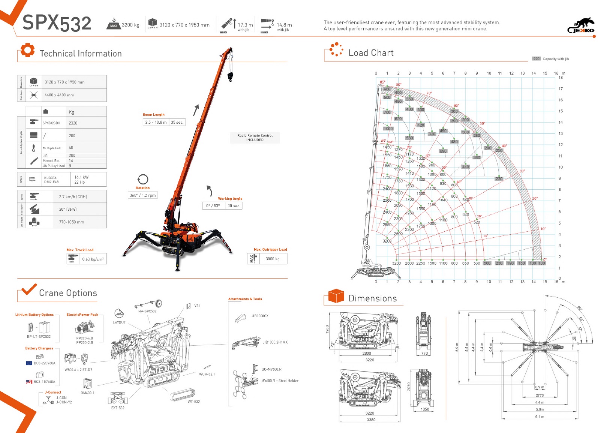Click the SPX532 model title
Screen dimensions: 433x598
[57, 23]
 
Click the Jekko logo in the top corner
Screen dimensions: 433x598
[581, 26]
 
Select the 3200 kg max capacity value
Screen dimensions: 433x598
[130, 25]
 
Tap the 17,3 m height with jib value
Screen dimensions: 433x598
[245, 25]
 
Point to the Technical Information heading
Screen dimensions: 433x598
[81, 54]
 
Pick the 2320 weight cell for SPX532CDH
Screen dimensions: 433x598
[73, 123]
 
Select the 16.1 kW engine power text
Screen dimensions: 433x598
[81, 177]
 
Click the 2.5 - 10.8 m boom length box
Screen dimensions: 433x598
[156, 122]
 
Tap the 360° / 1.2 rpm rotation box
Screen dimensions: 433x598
[142, 195]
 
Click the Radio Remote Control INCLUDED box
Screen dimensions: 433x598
[255, 138]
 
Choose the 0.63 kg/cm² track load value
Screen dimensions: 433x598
[93, 259]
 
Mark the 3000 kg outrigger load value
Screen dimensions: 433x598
[273, 259]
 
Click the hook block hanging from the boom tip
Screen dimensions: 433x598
[230, 76]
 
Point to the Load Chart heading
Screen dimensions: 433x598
[371, 53]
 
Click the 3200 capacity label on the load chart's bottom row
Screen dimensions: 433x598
[396, 263]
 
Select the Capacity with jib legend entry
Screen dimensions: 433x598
[556, 59]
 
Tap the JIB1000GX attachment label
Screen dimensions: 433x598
[260, 316]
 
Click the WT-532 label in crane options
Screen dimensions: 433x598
[194, 402]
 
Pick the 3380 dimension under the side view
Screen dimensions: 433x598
[371, 420]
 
